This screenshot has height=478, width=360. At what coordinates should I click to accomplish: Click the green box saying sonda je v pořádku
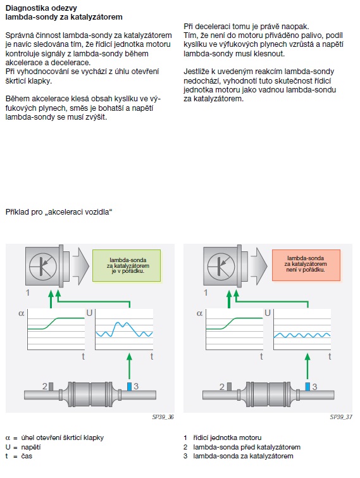click(127, 265)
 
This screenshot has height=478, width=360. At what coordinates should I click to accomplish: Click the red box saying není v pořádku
click(306, 265)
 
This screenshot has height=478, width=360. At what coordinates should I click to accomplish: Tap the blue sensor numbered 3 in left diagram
click(129, 387)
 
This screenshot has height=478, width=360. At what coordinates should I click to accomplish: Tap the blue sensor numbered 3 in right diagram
click(307, 387)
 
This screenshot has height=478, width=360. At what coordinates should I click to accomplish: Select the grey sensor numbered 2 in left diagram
click(51, 387)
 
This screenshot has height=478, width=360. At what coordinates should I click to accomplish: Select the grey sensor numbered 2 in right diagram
click(229, 387)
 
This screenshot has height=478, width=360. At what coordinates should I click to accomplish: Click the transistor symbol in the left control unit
click(43, 267)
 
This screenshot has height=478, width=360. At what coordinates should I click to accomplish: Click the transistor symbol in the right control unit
click(221, 267)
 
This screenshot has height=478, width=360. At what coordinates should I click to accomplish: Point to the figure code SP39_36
click(163, 417)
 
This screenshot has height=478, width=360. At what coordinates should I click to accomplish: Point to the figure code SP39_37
click(341, 417)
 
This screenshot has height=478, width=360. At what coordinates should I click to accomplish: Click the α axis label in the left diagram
click(22, 313)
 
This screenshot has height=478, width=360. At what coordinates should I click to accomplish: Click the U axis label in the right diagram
click(268, 313)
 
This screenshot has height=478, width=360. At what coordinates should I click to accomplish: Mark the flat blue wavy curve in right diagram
click(302, 336)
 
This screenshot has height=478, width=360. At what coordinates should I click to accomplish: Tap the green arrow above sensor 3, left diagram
click(130, 366)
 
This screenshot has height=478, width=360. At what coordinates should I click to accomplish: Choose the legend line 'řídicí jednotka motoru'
click(227, 437)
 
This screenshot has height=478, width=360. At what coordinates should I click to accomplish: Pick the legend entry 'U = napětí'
click(23, 447)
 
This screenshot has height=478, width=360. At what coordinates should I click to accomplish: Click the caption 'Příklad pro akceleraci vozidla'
click(59, 212)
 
